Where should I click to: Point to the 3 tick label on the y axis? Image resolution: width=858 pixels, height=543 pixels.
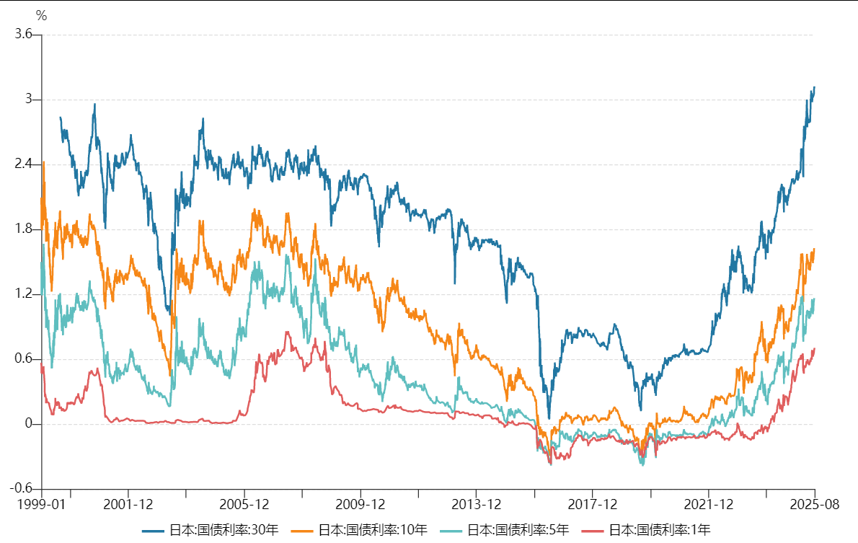29,100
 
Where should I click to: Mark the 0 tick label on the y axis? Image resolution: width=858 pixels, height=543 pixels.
29,424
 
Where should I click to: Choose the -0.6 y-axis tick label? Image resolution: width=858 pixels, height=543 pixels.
21,489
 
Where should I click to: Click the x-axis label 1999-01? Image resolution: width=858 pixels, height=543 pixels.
42,504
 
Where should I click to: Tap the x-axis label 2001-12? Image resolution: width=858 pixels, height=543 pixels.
128,504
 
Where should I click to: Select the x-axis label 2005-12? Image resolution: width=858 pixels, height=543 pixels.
244,504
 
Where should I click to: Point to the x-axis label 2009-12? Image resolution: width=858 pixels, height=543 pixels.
360,504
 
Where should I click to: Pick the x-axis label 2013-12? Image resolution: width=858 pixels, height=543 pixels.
476,504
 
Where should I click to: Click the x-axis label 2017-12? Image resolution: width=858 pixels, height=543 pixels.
592,504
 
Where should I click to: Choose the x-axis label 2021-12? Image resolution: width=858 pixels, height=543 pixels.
708,504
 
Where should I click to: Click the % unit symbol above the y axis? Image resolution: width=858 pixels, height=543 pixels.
41,16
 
